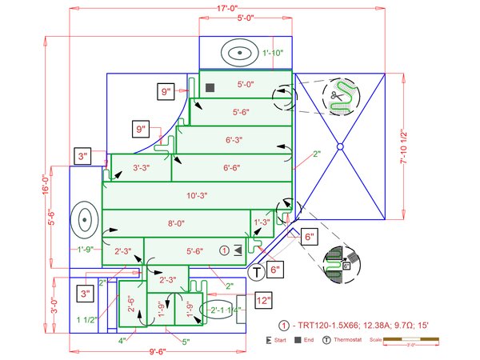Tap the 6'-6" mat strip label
coord(232,168)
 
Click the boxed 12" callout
coord(263,301)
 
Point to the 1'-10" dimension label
coord(273,54)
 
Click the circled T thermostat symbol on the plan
coord(256,273)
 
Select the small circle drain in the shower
coord(340,146)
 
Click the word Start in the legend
coord(280,341)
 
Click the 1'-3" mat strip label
coord(262,223)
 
